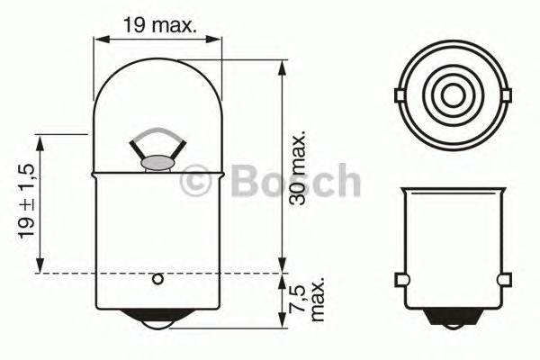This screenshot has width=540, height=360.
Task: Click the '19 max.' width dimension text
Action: (x=158, y=25)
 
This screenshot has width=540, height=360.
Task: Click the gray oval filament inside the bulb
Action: (x=158, y=163)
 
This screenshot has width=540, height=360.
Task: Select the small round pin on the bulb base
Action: (x=157, y=279)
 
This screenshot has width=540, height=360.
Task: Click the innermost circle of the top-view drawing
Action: (x=451, y=94)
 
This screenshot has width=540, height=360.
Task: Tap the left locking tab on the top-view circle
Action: (x=400, y=94)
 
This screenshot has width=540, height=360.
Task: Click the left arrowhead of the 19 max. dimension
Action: (x=100, y=39)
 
